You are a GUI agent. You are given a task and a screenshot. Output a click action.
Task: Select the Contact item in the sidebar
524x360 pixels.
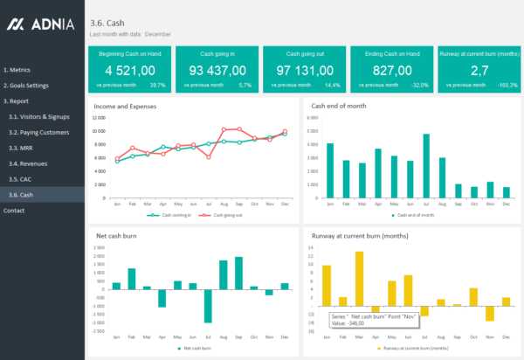coord(14,211)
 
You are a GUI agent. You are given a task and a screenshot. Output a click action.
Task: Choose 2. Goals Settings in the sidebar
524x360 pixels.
coord(25,86)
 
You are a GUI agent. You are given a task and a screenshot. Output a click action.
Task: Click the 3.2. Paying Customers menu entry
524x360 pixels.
coord(38,132)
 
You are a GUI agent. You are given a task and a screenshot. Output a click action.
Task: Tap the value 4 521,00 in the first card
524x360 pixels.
coord(129,70)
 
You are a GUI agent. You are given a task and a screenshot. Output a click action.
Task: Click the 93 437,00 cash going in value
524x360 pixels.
coord(217,70)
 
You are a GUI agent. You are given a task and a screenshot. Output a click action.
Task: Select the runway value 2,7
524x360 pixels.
coord(479,70)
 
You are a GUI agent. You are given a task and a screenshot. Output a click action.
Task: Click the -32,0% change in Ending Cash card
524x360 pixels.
coord(420,86)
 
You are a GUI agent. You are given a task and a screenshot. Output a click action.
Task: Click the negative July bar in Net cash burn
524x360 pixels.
coord(208,306)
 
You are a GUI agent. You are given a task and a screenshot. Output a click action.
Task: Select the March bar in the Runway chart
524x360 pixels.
coord(359,277)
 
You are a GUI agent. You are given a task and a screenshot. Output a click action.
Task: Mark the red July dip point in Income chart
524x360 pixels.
coord(208,156)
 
